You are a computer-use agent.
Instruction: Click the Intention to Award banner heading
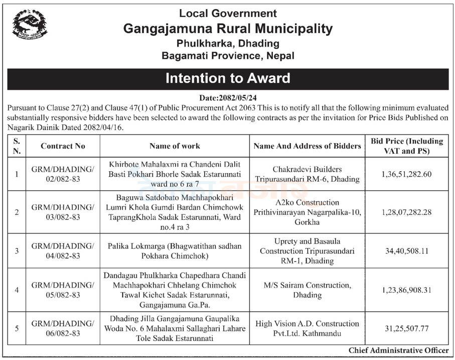coord(228,79)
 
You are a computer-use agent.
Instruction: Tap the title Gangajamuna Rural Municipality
coord(228,29)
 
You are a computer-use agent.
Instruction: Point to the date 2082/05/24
coord(228,98)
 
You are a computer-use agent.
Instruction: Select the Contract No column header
coord(63,146)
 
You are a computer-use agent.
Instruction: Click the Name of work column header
coord(175,146)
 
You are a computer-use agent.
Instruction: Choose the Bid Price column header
coord(407,146)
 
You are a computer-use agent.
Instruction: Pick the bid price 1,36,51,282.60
coord(407,174)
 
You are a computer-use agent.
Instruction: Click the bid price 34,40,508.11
coord(407,251)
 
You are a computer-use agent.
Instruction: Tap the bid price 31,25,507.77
coord(407,328)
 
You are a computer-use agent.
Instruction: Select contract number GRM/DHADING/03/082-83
coord(63,212)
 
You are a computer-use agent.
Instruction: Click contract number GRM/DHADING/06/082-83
coord(63,328)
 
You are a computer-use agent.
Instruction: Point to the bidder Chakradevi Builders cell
coord(307,174)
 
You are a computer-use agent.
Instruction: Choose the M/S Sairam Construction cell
coord(307,290)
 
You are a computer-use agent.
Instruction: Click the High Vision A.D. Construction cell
coord(307,328)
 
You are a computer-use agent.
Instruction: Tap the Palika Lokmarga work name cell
coord(175,251)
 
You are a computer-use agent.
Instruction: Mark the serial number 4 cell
coord(17,290)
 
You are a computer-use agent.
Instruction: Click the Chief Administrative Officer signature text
coord(399,350)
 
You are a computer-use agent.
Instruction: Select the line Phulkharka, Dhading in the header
coord(228,43)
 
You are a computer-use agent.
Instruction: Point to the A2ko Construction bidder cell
coord(307,212)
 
